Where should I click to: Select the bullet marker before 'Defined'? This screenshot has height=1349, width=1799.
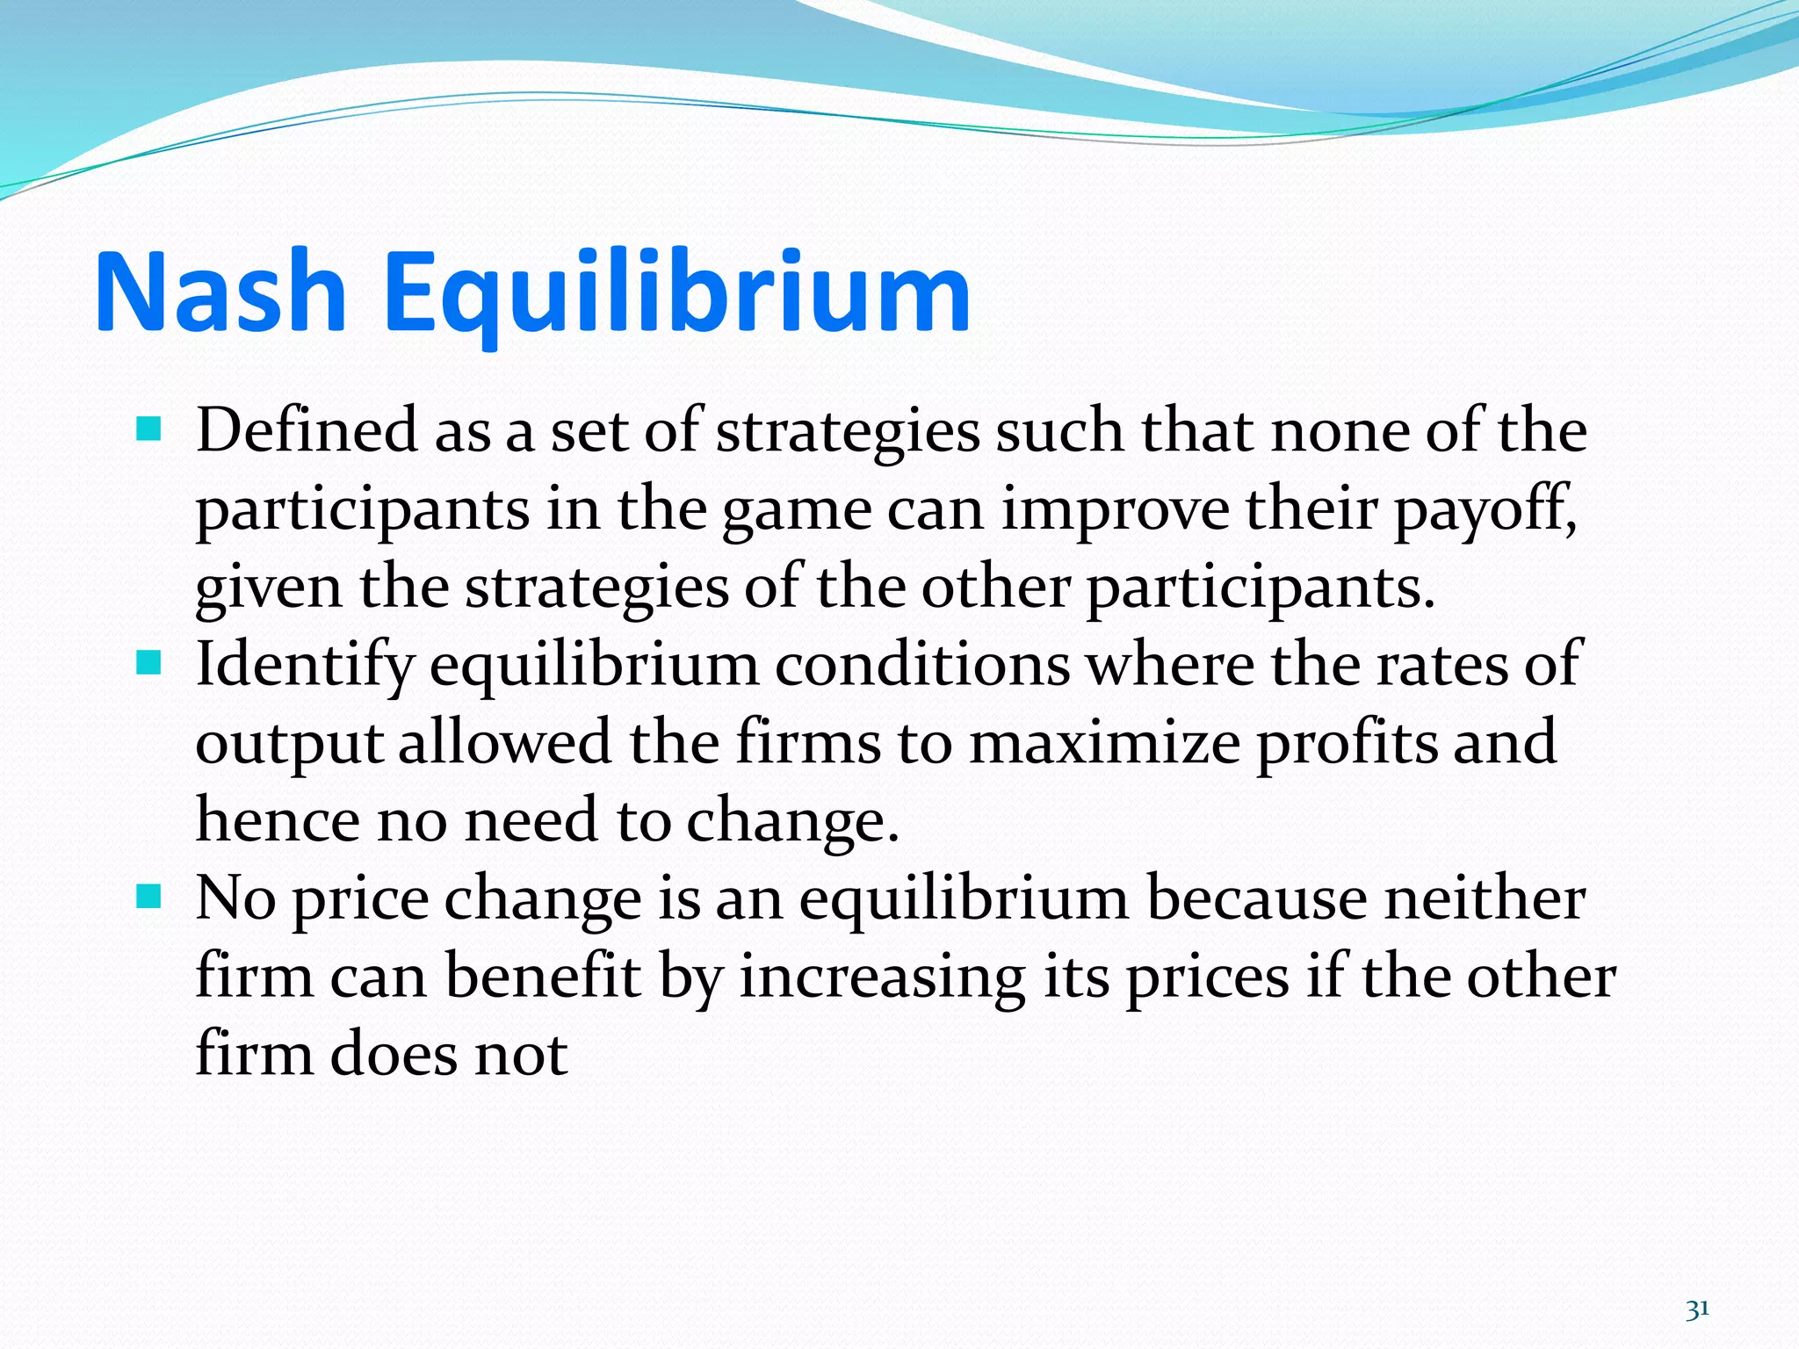click(x=150, y=429)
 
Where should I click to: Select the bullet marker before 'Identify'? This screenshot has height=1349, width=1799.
click(x=150, y=663)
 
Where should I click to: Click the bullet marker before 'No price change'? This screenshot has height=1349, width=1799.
click(x=150, y=897)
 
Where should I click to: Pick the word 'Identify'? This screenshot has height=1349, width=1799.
click(x=304, y=666)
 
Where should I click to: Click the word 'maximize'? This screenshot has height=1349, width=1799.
click(x=1103, y=742)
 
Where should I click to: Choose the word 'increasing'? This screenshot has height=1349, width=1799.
click(x=882, y=977)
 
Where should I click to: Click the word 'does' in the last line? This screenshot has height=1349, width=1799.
click(x=393, y=1053)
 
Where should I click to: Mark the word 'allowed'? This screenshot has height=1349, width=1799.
click(x=504, y=742)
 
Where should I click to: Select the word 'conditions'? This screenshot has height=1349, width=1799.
click(x=921, y=665)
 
